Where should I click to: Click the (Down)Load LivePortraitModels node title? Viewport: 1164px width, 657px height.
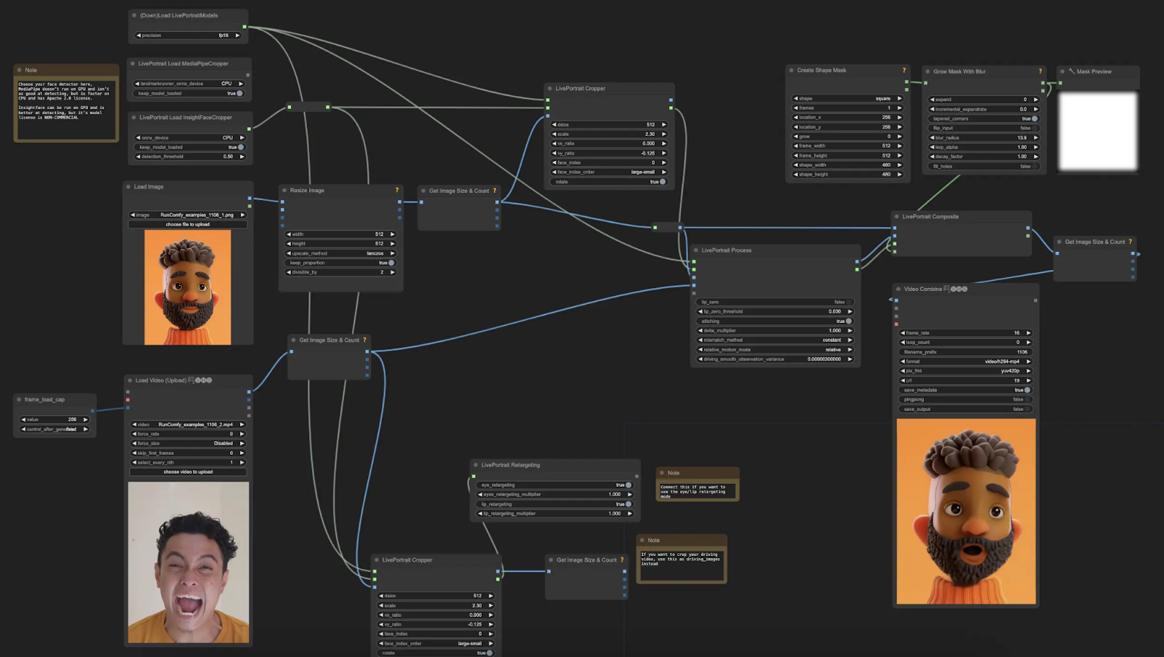[179, 15]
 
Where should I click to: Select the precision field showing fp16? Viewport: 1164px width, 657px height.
[188, 35]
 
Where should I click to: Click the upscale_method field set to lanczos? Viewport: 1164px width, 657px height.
[340, 253]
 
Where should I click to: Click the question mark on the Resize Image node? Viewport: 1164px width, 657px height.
[397, 190]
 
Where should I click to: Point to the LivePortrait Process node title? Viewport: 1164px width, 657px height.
[726, 250]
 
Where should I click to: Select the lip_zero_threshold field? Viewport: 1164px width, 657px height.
[775, 311]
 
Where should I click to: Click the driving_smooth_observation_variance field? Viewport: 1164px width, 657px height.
[775, 359]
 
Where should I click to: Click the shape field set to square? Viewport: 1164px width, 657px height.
[847, 98]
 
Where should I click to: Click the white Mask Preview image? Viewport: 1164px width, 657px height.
[1098, 131]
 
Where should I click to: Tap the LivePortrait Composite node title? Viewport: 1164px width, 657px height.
[930, 217]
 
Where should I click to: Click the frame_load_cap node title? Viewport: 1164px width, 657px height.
[44, 399]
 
